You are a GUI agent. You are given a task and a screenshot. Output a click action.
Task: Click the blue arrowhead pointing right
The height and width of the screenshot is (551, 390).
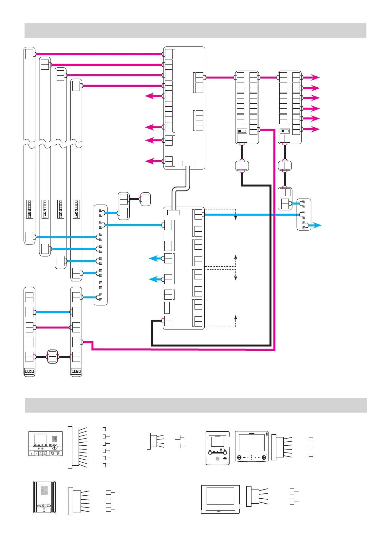click(x=318, y=225)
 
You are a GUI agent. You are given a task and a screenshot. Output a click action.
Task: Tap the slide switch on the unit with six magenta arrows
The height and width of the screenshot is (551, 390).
click(x=285, y=131)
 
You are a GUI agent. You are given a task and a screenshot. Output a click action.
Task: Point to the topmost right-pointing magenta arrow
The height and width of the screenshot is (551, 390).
click(x=315, y=78)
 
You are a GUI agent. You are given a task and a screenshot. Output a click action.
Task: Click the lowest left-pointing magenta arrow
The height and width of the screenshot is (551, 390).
click(x=150, y=161)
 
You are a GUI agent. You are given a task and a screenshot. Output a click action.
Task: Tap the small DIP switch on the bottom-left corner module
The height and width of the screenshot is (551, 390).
click(x=29, y=371)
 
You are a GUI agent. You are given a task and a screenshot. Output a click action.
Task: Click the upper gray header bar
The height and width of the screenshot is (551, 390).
click(x=195, y=30)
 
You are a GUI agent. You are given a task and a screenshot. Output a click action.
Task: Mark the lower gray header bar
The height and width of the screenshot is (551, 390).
click(x=195, y=405)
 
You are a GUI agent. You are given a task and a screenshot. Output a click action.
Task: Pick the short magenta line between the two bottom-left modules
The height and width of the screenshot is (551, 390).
click(x=52, y=327)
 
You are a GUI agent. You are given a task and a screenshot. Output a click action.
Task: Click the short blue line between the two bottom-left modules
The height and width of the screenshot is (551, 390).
click(x=52, y=312)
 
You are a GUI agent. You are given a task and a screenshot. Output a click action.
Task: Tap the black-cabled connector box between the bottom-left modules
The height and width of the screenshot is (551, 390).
click(x=52, y=356)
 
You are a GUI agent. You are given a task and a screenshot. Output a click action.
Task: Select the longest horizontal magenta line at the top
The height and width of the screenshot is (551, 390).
click(x=98, y=54)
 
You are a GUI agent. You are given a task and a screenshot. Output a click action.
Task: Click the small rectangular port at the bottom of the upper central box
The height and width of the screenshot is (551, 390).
click(x=188, y=163)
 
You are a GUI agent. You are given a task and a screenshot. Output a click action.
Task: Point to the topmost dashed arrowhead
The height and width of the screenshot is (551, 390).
click(x=235, y=218)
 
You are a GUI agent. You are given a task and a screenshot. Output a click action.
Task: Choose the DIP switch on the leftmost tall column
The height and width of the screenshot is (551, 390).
click(x=29, y=209)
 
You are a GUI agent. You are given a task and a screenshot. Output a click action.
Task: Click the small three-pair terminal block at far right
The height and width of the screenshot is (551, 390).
click(x=304, y=214)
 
